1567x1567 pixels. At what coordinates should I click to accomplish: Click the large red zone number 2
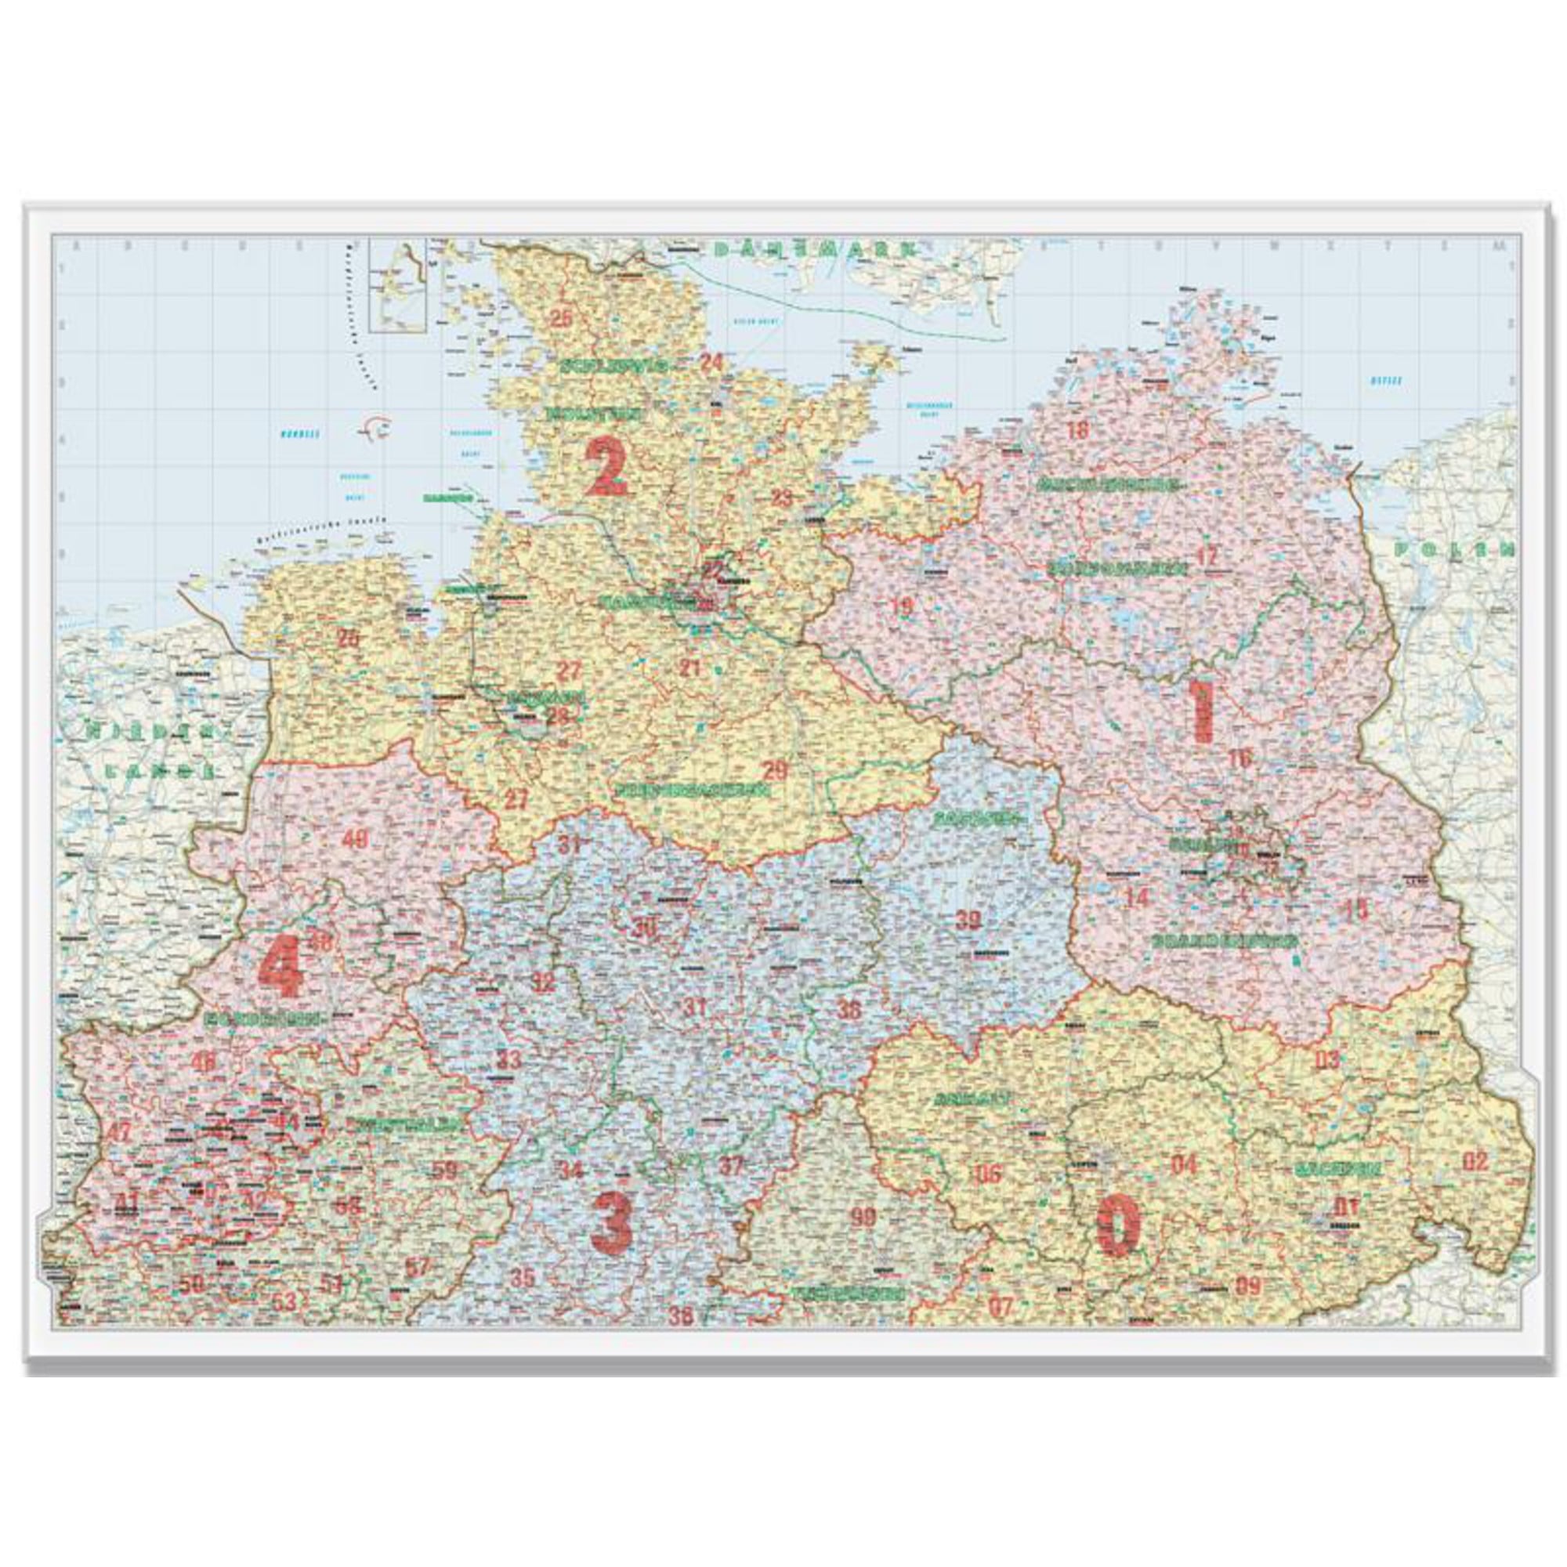(607, 466)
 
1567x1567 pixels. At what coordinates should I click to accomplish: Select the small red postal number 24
(711, 362)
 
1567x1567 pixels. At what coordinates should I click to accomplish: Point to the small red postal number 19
(902, 606)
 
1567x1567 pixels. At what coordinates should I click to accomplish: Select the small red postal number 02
(1475, 1160)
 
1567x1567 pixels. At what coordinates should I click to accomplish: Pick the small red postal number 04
(1184, 1166)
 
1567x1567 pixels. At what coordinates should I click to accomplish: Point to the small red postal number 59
(444, 1171)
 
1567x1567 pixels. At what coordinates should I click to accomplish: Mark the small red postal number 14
(1137, 897)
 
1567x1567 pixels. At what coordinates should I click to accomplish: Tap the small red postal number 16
(1240, 759)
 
